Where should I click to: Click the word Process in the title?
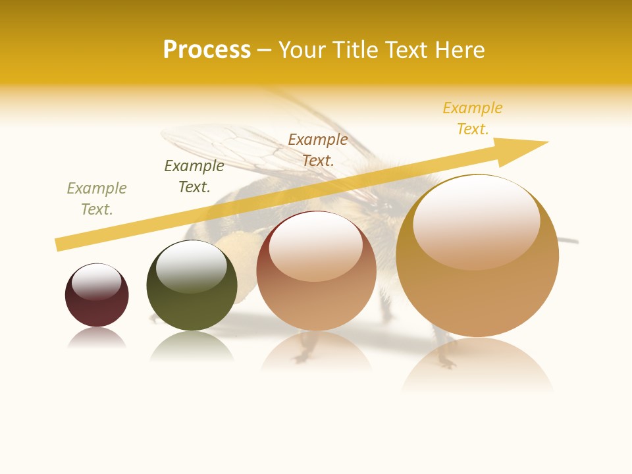tap(207, 50)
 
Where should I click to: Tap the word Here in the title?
tap(458, 50)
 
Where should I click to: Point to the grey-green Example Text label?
tap(96, 199)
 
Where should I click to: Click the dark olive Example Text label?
tap(194, 176)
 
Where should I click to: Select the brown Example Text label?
tap(318, 149)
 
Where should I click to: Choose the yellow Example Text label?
tap(473, 118)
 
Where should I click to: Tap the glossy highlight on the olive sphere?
tap(192, 266)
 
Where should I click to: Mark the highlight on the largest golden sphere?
tap(477, 222)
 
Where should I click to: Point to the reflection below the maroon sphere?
tap(97, 338)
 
